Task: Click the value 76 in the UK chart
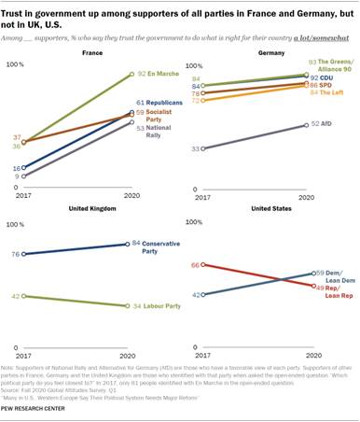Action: pyautogui.click(x=15, y=254)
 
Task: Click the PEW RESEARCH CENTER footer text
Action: pyautogui.click(x=40, y=412)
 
